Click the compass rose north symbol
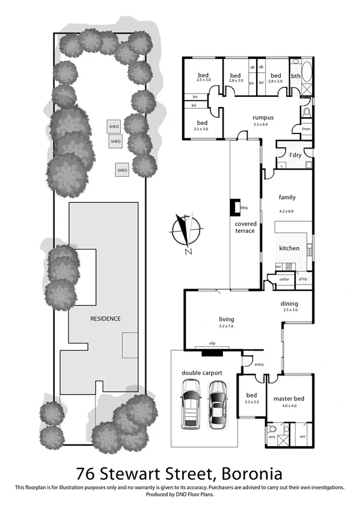click(186, 232)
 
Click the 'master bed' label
click(287, 399)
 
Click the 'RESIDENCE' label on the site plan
click(105, 319)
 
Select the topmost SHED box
click(114, 126)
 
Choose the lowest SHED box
click(123, 170)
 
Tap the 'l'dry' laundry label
click(295, 155)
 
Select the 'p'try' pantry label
click(302, 279)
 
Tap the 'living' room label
click(227, 319)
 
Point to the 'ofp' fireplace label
click(212, 343)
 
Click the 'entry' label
click(259, 364)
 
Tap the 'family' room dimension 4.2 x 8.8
click(287, 210)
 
